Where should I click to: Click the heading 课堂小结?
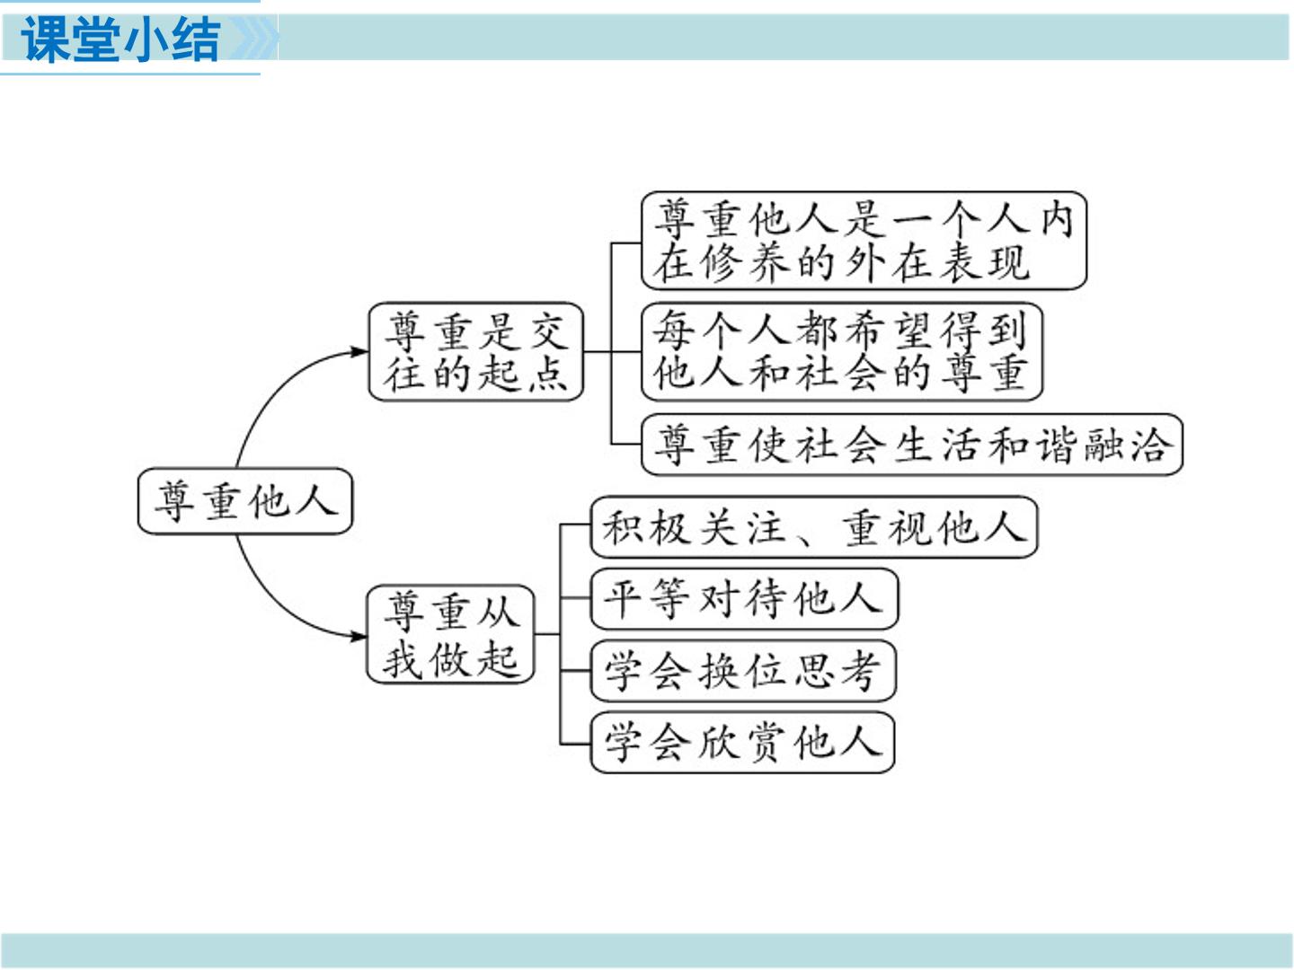[120, 40]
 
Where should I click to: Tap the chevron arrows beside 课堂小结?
[253, 38]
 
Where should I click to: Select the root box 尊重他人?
[244, 501]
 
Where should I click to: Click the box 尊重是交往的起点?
[475, 351]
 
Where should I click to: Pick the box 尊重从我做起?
[450, 634]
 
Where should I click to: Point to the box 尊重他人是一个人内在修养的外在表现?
[864, 241]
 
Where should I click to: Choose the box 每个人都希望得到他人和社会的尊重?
[842, 351]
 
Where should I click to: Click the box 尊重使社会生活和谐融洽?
[911, 445]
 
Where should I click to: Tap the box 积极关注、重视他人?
[813, 527]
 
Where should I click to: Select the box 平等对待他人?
[744, 599]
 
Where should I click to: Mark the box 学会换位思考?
[743, 671]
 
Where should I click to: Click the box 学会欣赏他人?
[742, 742]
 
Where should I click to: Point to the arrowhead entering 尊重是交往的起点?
[359, 351]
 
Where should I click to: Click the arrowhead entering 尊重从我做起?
[358, 636]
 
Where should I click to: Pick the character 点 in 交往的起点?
[548, 374]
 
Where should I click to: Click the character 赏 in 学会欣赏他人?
[767, 743]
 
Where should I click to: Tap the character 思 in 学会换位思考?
[814, 671]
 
